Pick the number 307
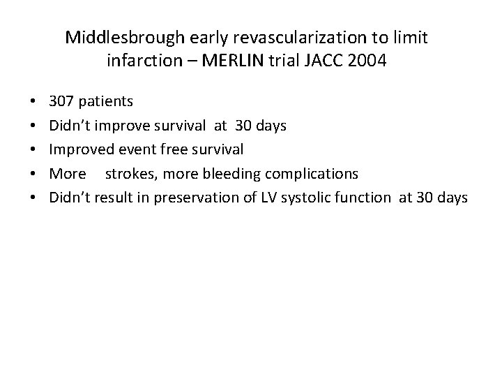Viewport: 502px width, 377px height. [62, 101]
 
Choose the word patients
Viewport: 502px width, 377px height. [105, 101]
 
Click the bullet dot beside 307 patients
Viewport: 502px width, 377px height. [34, 102]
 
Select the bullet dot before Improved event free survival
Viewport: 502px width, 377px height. [34, 150]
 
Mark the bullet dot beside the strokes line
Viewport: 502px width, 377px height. [34, 174]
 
